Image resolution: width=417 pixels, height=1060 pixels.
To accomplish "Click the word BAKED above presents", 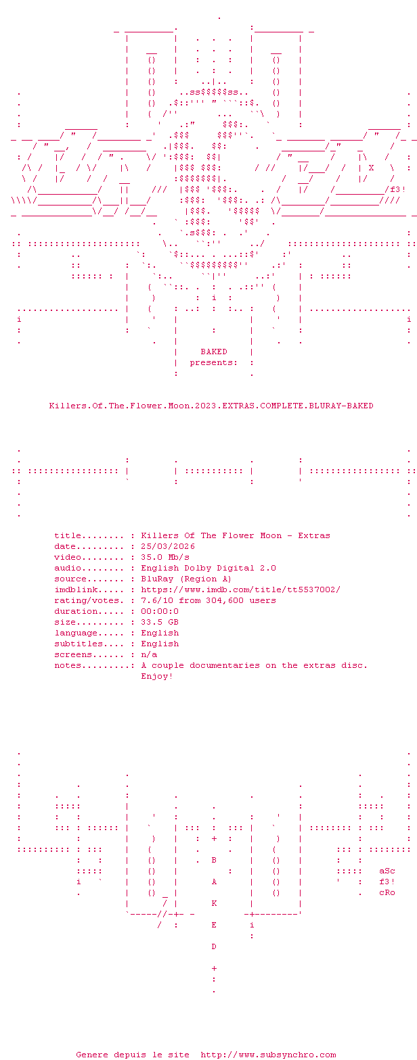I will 214,352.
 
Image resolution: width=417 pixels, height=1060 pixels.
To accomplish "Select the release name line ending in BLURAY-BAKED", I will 211,406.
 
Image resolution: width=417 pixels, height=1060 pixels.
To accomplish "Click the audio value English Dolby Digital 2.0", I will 208,568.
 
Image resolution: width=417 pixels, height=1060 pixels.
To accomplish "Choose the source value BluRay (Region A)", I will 186,579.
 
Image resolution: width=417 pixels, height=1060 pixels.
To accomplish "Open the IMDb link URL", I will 240,589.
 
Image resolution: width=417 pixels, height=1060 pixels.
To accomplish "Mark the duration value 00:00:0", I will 160,611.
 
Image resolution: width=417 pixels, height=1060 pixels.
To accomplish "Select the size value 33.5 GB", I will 160,622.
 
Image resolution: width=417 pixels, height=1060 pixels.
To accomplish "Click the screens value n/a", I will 149,654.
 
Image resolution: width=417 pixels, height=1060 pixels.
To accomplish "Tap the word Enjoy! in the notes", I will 157,676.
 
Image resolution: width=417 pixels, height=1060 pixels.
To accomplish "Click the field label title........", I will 68,535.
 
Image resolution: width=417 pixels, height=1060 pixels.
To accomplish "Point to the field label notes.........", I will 68,665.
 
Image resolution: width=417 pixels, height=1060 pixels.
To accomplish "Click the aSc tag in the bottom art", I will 387,871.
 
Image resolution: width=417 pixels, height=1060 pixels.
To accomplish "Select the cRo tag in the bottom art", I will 387,892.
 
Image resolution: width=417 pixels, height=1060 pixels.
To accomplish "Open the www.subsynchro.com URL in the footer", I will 268,1055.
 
